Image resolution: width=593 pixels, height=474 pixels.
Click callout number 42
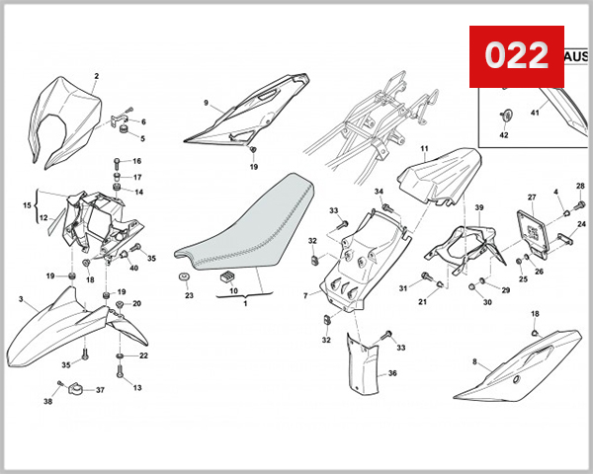tap(502, 133)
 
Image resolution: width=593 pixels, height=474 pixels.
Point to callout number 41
tap(536, 114)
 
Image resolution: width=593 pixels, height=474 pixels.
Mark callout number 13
tap(138, 388)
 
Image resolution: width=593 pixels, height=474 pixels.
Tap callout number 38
tap(46, 402)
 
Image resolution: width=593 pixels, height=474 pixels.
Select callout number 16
tap(137, 161)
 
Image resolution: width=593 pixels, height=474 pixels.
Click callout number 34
tap(379, 191)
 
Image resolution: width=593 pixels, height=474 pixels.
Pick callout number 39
tap(478, 207)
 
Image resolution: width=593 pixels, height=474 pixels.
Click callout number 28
tap(580, 186)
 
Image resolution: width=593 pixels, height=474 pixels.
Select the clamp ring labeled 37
tap(75, 392)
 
